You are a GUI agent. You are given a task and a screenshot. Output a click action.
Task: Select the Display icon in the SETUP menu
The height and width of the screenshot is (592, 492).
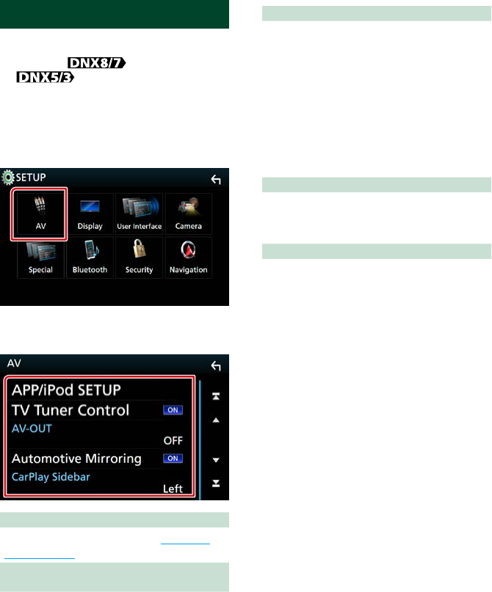pyautogui.click(x=90, y=212)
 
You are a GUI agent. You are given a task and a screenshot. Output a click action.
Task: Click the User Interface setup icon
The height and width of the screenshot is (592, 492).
pyautogui.click(x=139, y=212)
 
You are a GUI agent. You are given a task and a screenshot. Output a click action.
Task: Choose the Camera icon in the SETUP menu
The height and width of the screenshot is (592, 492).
pyautogui.click(x=189, y=212)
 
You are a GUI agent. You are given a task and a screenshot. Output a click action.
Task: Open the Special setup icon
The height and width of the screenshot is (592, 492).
pyautogui.click(x=40, y=256)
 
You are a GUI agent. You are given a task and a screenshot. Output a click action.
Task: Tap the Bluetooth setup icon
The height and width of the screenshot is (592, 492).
pyautogui.click(x=90, y=256)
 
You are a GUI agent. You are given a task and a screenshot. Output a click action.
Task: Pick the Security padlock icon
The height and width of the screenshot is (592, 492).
pyautogui.click(x=139, y=256)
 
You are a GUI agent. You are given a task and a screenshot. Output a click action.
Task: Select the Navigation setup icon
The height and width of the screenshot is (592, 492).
pyautogui.click(x=189, y=256)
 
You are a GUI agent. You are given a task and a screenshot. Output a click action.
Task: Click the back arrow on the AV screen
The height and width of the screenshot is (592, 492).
pyautogui.click(x=215, y=366)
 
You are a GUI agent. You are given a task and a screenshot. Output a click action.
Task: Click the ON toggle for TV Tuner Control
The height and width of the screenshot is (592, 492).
pyautogui.click(x=173, y=410)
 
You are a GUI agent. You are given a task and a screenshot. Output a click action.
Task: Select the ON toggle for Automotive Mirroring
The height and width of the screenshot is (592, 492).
pyautogui.click(x=173, y=458)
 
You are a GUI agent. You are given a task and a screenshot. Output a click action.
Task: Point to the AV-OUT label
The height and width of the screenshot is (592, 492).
pyautogui.click(x=31, y=428)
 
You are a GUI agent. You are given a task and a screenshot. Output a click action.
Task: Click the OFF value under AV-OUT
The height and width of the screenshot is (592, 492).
pyautogui.click(x=173, y=441)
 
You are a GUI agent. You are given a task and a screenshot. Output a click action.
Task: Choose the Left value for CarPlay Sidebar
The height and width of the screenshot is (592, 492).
pyautogui.click(x=173, y=488)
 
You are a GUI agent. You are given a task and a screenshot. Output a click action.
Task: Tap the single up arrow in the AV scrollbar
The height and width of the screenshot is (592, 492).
pyautogui.click(x=216, y=420)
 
